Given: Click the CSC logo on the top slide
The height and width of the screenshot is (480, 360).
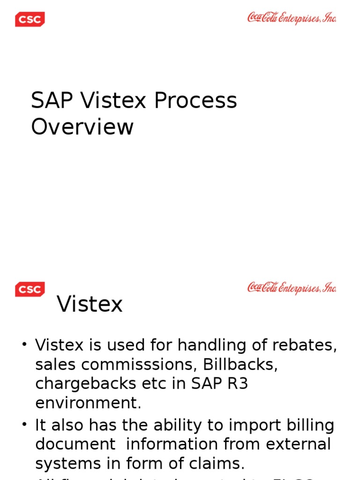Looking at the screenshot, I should click(30, 20).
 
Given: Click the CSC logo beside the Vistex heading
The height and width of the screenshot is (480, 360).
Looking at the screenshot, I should click(30, 289).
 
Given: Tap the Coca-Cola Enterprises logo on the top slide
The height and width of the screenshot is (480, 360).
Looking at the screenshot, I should click(292, 18).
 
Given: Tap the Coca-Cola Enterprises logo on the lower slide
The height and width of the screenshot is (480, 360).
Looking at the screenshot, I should click(292, 288).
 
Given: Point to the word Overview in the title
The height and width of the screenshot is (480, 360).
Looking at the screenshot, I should click(82, 127).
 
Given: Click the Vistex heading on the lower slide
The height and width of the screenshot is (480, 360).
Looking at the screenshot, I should click(90, 304).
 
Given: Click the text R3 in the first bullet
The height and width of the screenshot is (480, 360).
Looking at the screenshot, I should click(237, 384).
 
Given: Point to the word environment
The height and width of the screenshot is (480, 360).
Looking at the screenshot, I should click(88, 403).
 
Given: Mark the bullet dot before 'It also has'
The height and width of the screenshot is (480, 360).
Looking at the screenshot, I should click(24, 425).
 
